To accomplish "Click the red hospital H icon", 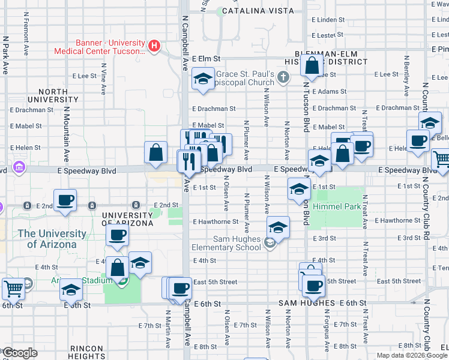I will (x=155, y=46).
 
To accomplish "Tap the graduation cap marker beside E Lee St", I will (x=203, y=79).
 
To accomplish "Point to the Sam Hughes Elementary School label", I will (x=226, y=243).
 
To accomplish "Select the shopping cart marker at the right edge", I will (x=441, y=160).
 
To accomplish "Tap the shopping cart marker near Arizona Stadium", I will (x=13, y=289).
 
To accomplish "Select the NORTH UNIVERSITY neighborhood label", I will (x=53, y=95).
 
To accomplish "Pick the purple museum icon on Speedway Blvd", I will (x=19, y=166).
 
